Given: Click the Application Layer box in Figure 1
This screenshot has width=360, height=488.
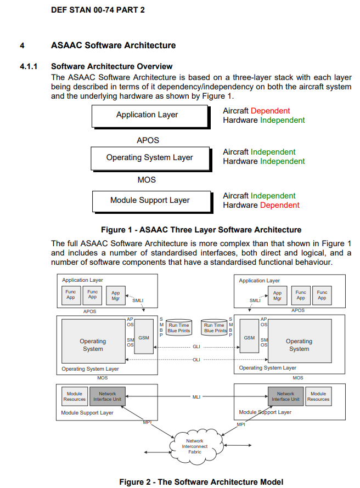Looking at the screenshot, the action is tap(151, 117).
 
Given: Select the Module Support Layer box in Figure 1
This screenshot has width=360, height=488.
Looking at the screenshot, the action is tap(153, 202).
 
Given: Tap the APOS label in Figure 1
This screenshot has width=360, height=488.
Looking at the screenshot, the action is tap(148, 140).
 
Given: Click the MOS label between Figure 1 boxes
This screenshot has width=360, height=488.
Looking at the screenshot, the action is tap(147, 180).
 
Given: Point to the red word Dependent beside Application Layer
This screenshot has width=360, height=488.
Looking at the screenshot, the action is tap(271, 111).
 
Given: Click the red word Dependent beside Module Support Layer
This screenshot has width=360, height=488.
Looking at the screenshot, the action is tap(280, 205).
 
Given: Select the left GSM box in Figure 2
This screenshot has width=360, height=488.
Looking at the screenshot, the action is tap(144, 337).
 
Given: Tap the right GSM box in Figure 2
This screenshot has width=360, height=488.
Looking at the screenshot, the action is tap(249, 336).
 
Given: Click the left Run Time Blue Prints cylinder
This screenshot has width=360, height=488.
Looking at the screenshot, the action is tap(179, 327).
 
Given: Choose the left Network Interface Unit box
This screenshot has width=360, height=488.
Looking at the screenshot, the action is tap(108, 396).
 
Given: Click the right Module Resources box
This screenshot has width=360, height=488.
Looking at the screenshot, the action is tap(318, 396).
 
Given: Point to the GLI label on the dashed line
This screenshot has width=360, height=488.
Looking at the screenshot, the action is tap(196, 347).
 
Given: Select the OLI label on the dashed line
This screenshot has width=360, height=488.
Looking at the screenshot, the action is tap(196, 360).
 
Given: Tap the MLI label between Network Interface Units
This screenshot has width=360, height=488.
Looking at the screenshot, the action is tap(196, 397).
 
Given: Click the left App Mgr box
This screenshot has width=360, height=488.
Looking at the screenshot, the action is tap(116, 296).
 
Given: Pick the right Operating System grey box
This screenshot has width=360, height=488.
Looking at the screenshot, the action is tap(300, 341).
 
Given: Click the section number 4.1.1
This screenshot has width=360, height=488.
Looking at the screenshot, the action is tap(29, 66).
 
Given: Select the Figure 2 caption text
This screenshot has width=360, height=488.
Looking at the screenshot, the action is tap(201, 482).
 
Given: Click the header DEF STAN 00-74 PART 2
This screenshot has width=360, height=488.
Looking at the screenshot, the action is tap(98, 10).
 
